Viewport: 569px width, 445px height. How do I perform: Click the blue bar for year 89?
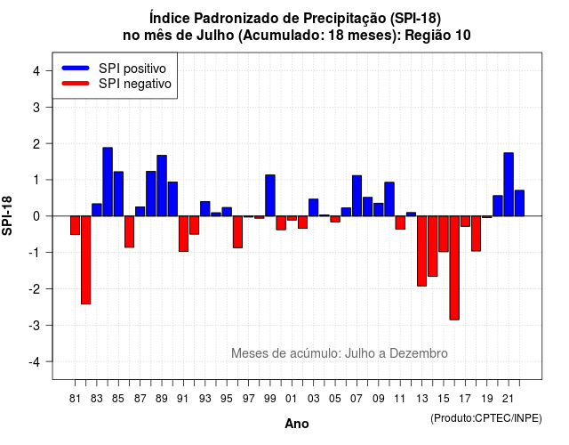pyautogui.click(x=162, y=186)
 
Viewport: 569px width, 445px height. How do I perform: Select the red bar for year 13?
pyautogui.click(x=421, y=251)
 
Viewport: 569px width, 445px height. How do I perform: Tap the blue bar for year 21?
pyautogui.click(x=509, y=184)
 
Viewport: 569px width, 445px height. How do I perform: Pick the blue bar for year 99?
pyautogui.click(x=270, y=196)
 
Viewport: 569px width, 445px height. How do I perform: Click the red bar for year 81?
pyautogui.click(x=75, y=225)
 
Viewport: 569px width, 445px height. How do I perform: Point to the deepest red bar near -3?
pyautogui.click(x=454, y=268)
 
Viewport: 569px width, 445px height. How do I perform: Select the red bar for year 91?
pyautogui.click(x=183, y=233)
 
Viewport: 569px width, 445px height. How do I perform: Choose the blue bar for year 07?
pyautogui.click(x=357, y=196)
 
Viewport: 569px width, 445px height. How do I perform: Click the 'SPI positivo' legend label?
pyautogui.click(x=132, y=69)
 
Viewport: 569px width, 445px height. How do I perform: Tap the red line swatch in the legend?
pyautogui.click(x=76, y=84)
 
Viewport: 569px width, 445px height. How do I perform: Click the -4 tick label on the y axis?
pyautogui.click(x=36, y=362)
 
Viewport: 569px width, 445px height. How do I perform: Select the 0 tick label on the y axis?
pyautogui.click(x=36, y=216)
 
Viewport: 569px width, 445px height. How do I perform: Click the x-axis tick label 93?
pyautogui.click(x=205, y=399)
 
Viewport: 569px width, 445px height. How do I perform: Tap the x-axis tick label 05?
pyautogui.click(x=335, y=399)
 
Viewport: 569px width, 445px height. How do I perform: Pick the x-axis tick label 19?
pyautogui.click(x=487, y=399)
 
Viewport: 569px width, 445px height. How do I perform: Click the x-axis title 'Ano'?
pyautogui.click(x=297, y=424)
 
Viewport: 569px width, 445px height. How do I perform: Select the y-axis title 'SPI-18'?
pyautogui.click(x=7, y=215)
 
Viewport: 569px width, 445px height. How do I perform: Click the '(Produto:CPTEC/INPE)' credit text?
pyautogui.click(x=486, y=418)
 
